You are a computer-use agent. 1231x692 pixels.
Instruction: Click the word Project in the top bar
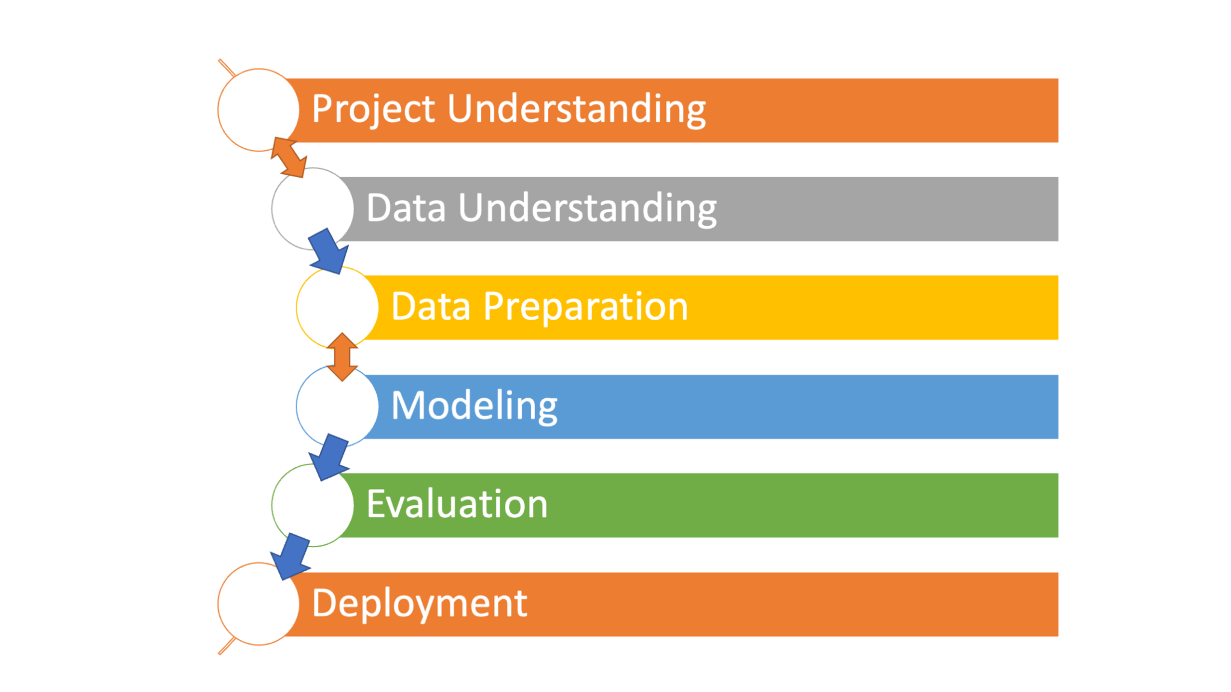(x=373, y=109)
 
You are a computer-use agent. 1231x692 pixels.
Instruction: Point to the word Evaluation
(x=457, y=504)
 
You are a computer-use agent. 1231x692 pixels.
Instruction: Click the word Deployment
(x=419, y=603)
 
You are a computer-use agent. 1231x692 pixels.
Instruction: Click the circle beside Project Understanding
(x=255, y=109)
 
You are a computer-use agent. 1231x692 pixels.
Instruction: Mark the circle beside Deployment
(x=255, y=604)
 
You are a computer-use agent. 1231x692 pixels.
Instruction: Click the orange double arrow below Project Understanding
(x=289, y=157)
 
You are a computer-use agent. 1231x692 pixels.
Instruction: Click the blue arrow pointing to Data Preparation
(x=329, y=251)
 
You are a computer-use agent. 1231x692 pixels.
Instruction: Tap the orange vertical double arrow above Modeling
(x=342, y=357)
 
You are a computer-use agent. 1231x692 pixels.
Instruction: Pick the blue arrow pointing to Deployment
(x=290, y=556)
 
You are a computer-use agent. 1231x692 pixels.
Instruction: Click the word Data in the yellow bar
(x=430, y=307)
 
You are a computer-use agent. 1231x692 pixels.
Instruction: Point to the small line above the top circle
(x=227, y=68)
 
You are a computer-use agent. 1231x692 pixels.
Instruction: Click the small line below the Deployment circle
(x=227, y=646)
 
